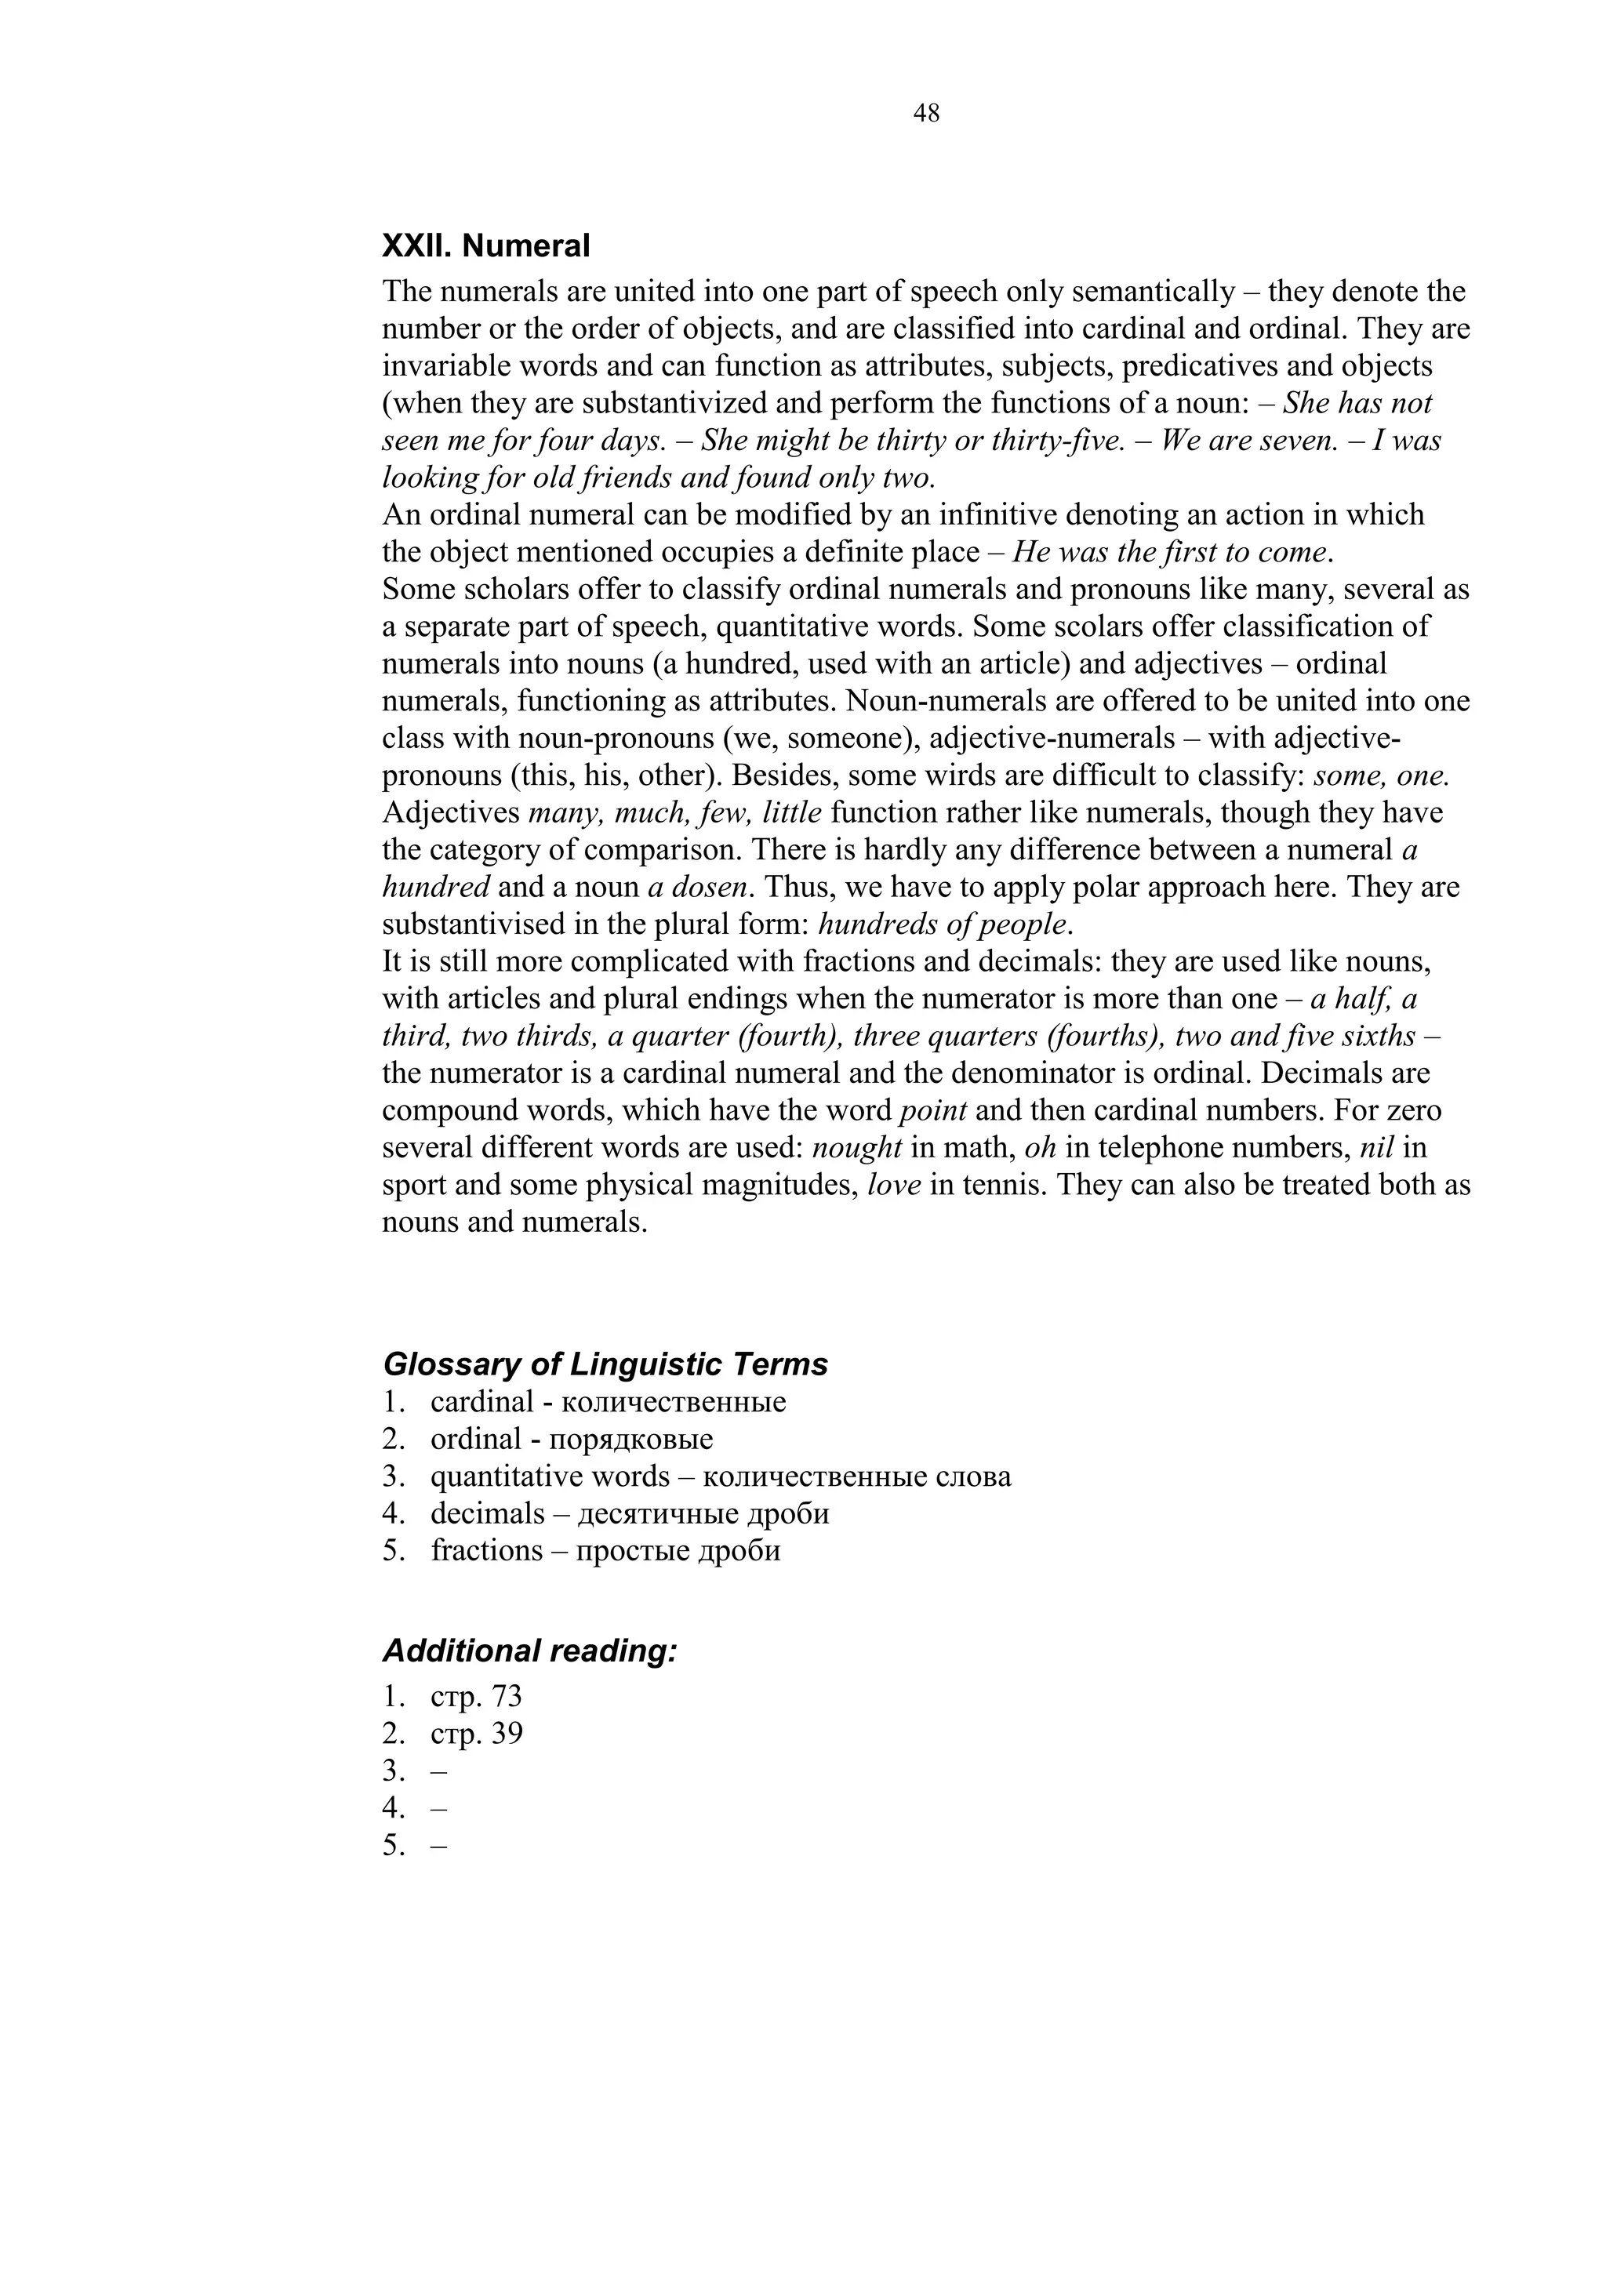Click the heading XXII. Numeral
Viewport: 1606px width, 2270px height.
click(485, 245)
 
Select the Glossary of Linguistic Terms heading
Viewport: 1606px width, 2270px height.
click(605, 1364)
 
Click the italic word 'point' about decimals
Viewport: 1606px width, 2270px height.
click(932, 1110)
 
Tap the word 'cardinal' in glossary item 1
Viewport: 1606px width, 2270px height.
click(481, 1403)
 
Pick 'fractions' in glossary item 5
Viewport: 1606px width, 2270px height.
click(486, 1550)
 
